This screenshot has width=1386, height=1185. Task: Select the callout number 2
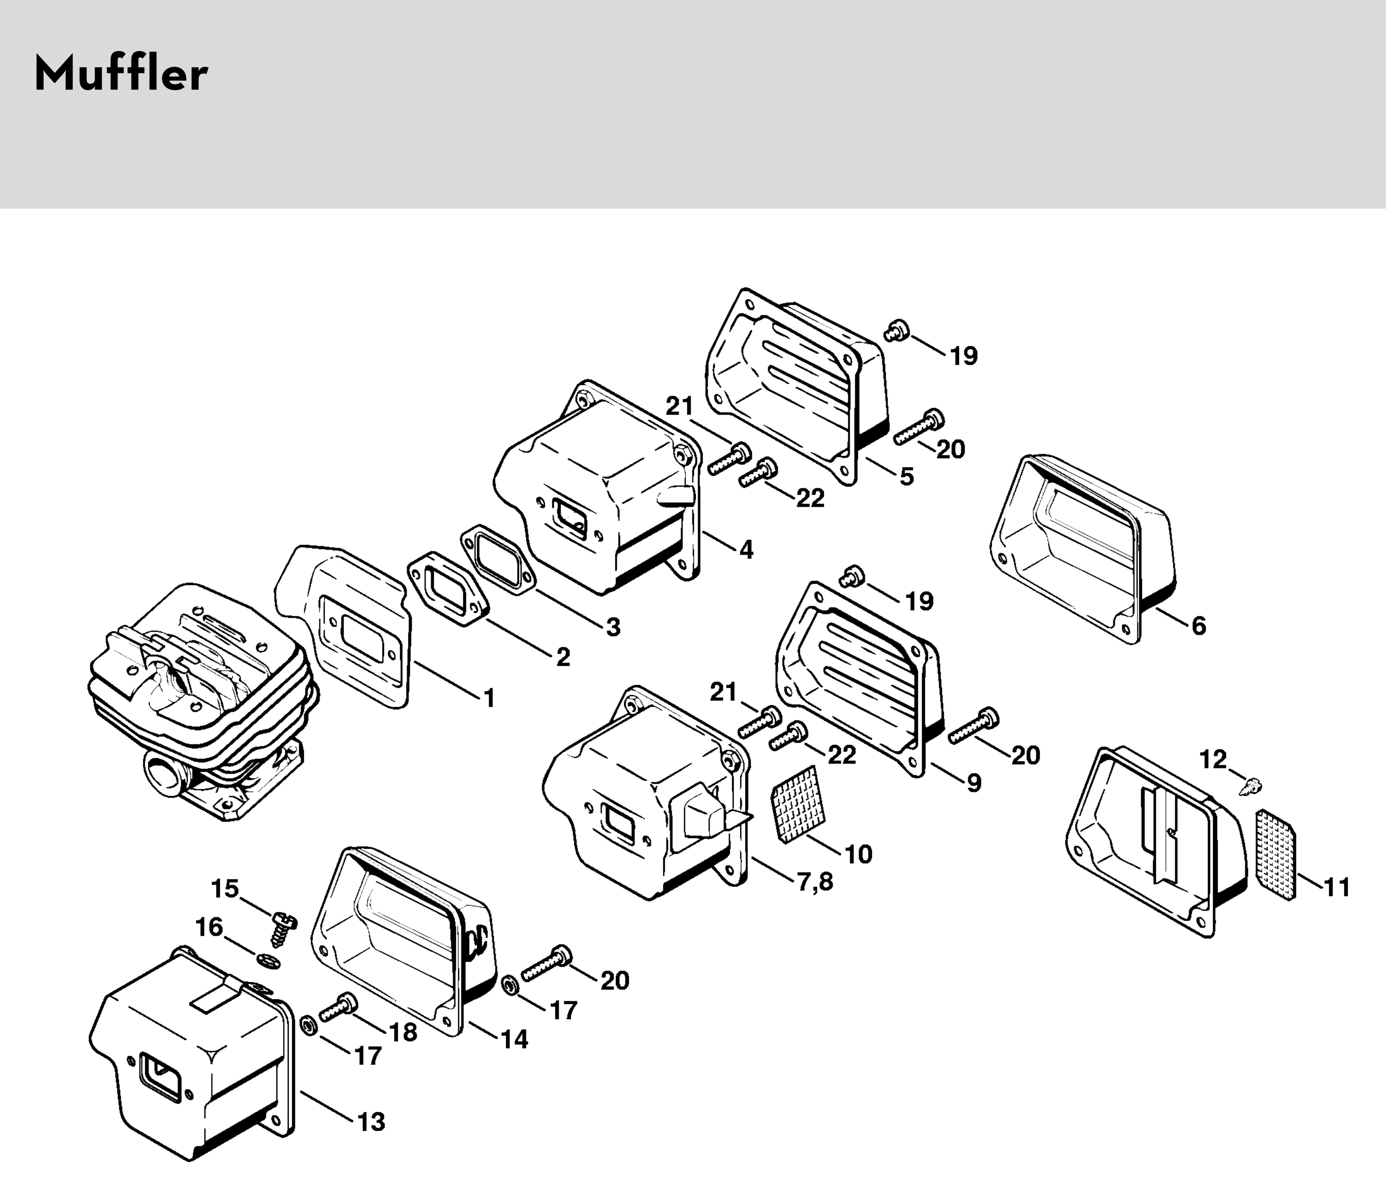563,657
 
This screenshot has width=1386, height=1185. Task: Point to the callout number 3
613,627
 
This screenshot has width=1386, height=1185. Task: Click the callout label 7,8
815,881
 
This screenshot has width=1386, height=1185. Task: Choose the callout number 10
858,854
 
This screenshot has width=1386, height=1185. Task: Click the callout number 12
1213,759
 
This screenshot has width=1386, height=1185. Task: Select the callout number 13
371,1122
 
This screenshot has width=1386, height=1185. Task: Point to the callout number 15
225,889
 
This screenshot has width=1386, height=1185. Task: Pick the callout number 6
1198,626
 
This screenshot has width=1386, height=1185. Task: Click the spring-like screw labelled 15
284,929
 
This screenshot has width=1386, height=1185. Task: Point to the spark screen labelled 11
1276,854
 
